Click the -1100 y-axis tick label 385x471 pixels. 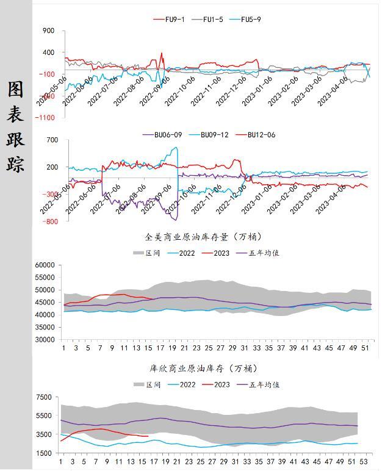pyautogui.click(x=45, y=117)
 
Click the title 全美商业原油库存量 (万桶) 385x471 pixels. pyautogui.click(x=204, y=237)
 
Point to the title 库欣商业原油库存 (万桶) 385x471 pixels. pyautogui.click(x=204, y=369)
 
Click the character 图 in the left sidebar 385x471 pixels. pyautogui.click(x=16, y=90)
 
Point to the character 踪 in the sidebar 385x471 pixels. pyautogui.click(x=16, y=163)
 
